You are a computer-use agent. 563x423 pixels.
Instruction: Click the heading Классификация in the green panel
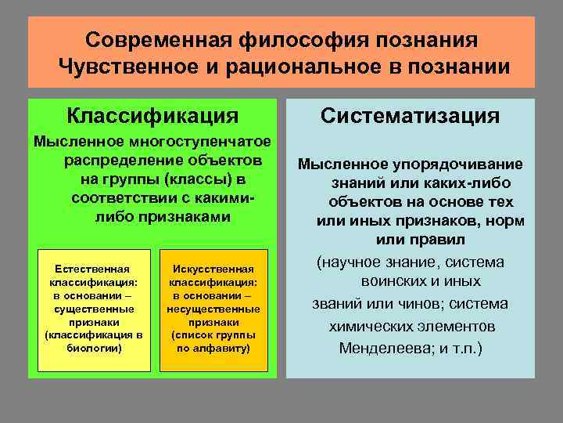(x=152, y=116)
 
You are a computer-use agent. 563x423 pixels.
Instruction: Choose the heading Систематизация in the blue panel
(x=411, y=116)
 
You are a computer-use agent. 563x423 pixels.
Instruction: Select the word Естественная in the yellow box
(x=95, y=268)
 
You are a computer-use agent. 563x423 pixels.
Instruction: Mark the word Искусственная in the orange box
(x=213, y=268)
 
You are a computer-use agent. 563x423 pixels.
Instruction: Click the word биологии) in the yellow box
(x=95, y=347)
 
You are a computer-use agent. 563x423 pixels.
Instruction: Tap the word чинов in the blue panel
(x=424, y=303)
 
